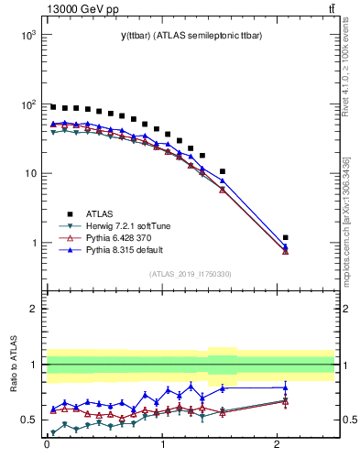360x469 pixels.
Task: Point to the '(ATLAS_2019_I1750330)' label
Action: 191,274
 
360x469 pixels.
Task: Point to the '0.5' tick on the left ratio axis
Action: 27,420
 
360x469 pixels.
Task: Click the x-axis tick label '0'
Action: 47,451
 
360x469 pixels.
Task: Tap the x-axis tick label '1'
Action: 162,451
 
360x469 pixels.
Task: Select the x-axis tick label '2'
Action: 278,451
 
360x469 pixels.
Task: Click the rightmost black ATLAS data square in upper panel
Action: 285,238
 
